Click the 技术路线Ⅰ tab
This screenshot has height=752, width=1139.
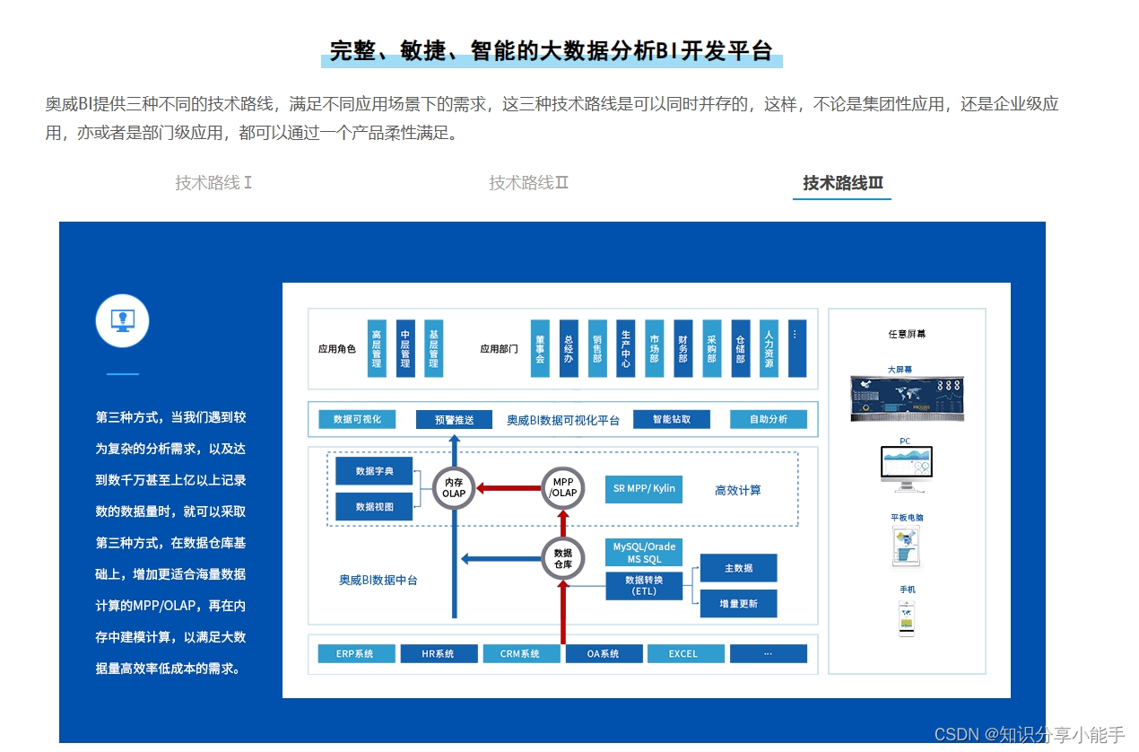pos(213,183)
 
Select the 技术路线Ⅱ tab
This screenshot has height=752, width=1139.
pos(528,183)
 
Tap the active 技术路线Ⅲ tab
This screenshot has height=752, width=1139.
pos(842,183)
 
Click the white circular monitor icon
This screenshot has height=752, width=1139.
pos(122,320)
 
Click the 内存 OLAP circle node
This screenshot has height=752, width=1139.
pos(454,488)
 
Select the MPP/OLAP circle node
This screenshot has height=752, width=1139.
pos(563,488)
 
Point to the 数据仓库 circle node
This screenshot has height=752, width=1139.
pos(563,559)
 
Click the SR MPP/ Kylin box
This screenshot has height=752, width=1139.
pos(644,489)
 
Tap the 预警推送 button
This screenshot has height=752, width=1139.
pos(454,420)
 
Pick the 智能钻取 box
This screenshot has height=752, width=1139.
pos(672,419)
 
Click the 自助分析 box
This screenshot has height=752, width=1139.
pos(768,419)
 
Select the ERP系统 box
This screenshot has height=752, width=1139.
pos(356,654)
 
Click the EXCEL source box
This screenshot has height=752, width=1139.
pos(684,654)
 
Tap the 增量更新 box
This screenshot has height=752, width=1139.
pos(738,604)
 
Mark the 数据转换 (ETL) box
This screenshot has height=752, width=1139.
pos(644,586)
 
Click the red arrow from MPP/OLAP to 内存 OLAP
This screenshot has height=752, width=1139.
pos(509,488)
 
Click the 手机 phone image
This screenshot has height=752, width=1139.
pos(907,619)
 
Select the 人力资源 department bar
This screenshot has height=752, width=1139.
pos(769,349)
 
